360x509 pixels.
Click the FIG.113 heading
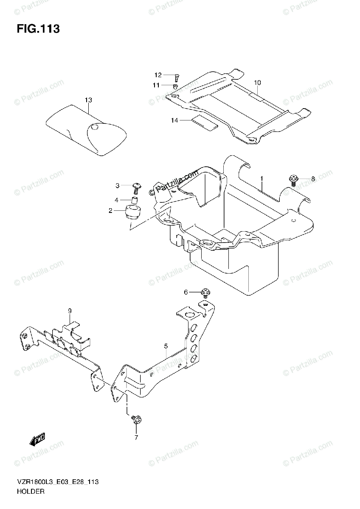point(38,29)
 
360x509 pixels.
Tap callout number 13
point(88,100)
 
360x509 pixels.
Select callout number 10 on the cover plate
point(258,82)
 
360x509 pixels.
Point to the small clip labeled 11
point(174,87)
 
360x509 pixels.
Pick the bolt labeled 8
point(293,180)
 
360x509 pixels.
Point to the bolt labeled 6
point(205,293)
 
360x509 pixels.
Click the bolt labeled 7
point(136,420)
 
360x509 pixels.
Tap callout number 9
point(70,311)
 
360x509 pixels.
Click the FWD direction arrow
point(37,440)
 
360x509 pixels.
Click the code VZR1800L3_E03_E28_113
point(58,483)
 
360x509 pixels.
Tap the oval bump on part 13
point(95,127)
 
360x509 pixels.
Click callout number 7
point(136,438)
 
